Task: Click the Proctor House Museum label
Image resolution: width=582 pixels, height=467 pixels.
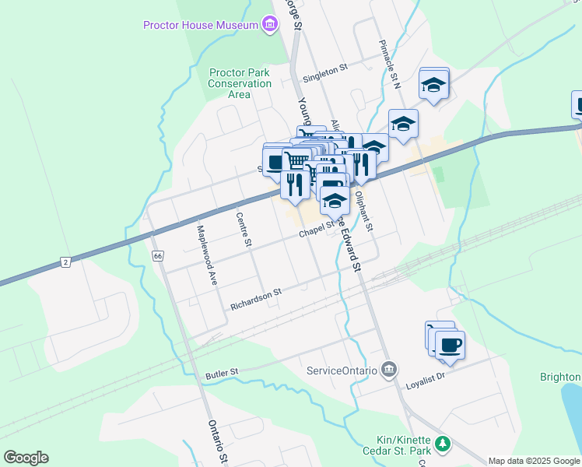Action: point(200,25)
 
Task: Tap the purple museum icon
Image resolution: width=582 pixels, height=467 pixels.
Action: point(269,25)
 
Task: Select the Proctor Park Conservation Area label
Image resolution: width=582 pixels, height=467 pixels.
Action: point(240,83)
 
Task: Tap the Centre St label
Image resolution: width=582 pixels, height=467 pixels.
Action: point(244,230)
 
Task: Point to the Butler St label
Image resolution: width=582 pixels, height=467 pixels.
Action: point(220,375)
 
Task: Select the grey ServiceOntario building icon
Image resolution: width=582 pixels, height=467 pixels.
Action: point(390,369)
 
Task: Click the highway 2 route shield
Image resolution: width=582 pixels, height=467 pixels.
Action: point(65,262)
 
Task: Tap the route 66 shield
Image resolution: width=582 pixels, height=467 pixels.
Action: point(158,256)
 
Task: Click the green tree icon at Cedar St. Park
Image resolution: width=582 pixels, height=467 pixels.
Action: point(443,443)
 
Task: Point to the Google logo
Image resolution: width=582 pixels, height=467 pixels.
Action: point(26,458)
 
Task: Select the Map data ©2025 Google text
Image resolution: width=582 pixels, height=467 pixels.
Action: point(533,461)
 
